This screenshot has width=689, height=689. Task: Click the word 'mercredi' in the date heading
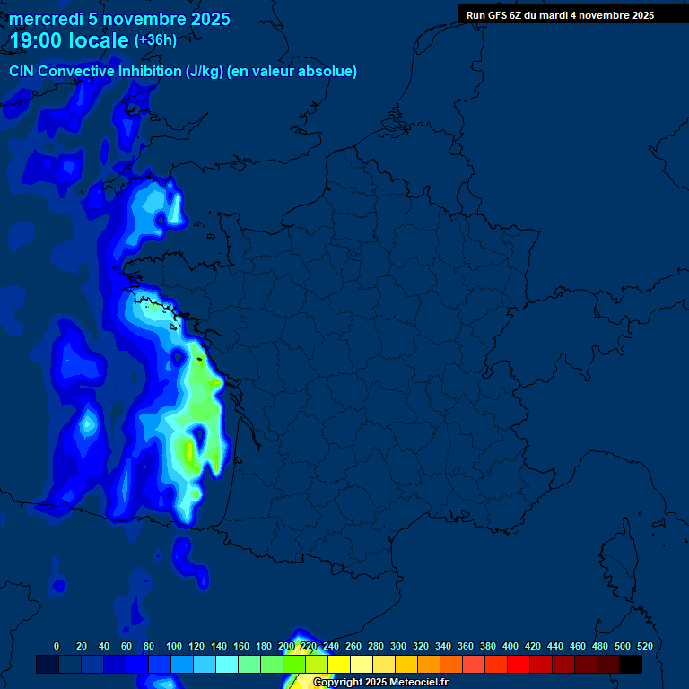46,19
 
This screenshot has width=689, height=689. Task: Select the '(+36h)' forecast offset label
155,39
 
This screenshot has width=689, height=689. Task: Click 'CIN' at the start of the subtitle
22,71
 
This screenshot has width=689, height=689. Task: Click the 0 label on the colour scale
57,646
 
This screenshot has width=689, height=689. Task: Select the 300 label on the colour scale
397,646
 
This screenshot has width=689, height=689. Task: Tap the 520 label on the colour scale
644,646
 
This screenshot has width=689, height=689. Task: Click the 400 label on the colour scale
510,646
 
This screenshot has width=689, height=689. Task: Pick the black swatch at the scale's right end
631,664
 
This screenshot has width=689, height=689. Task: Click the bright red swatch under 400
518,664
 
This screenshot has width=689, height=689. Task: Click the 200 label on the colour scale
285,646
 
